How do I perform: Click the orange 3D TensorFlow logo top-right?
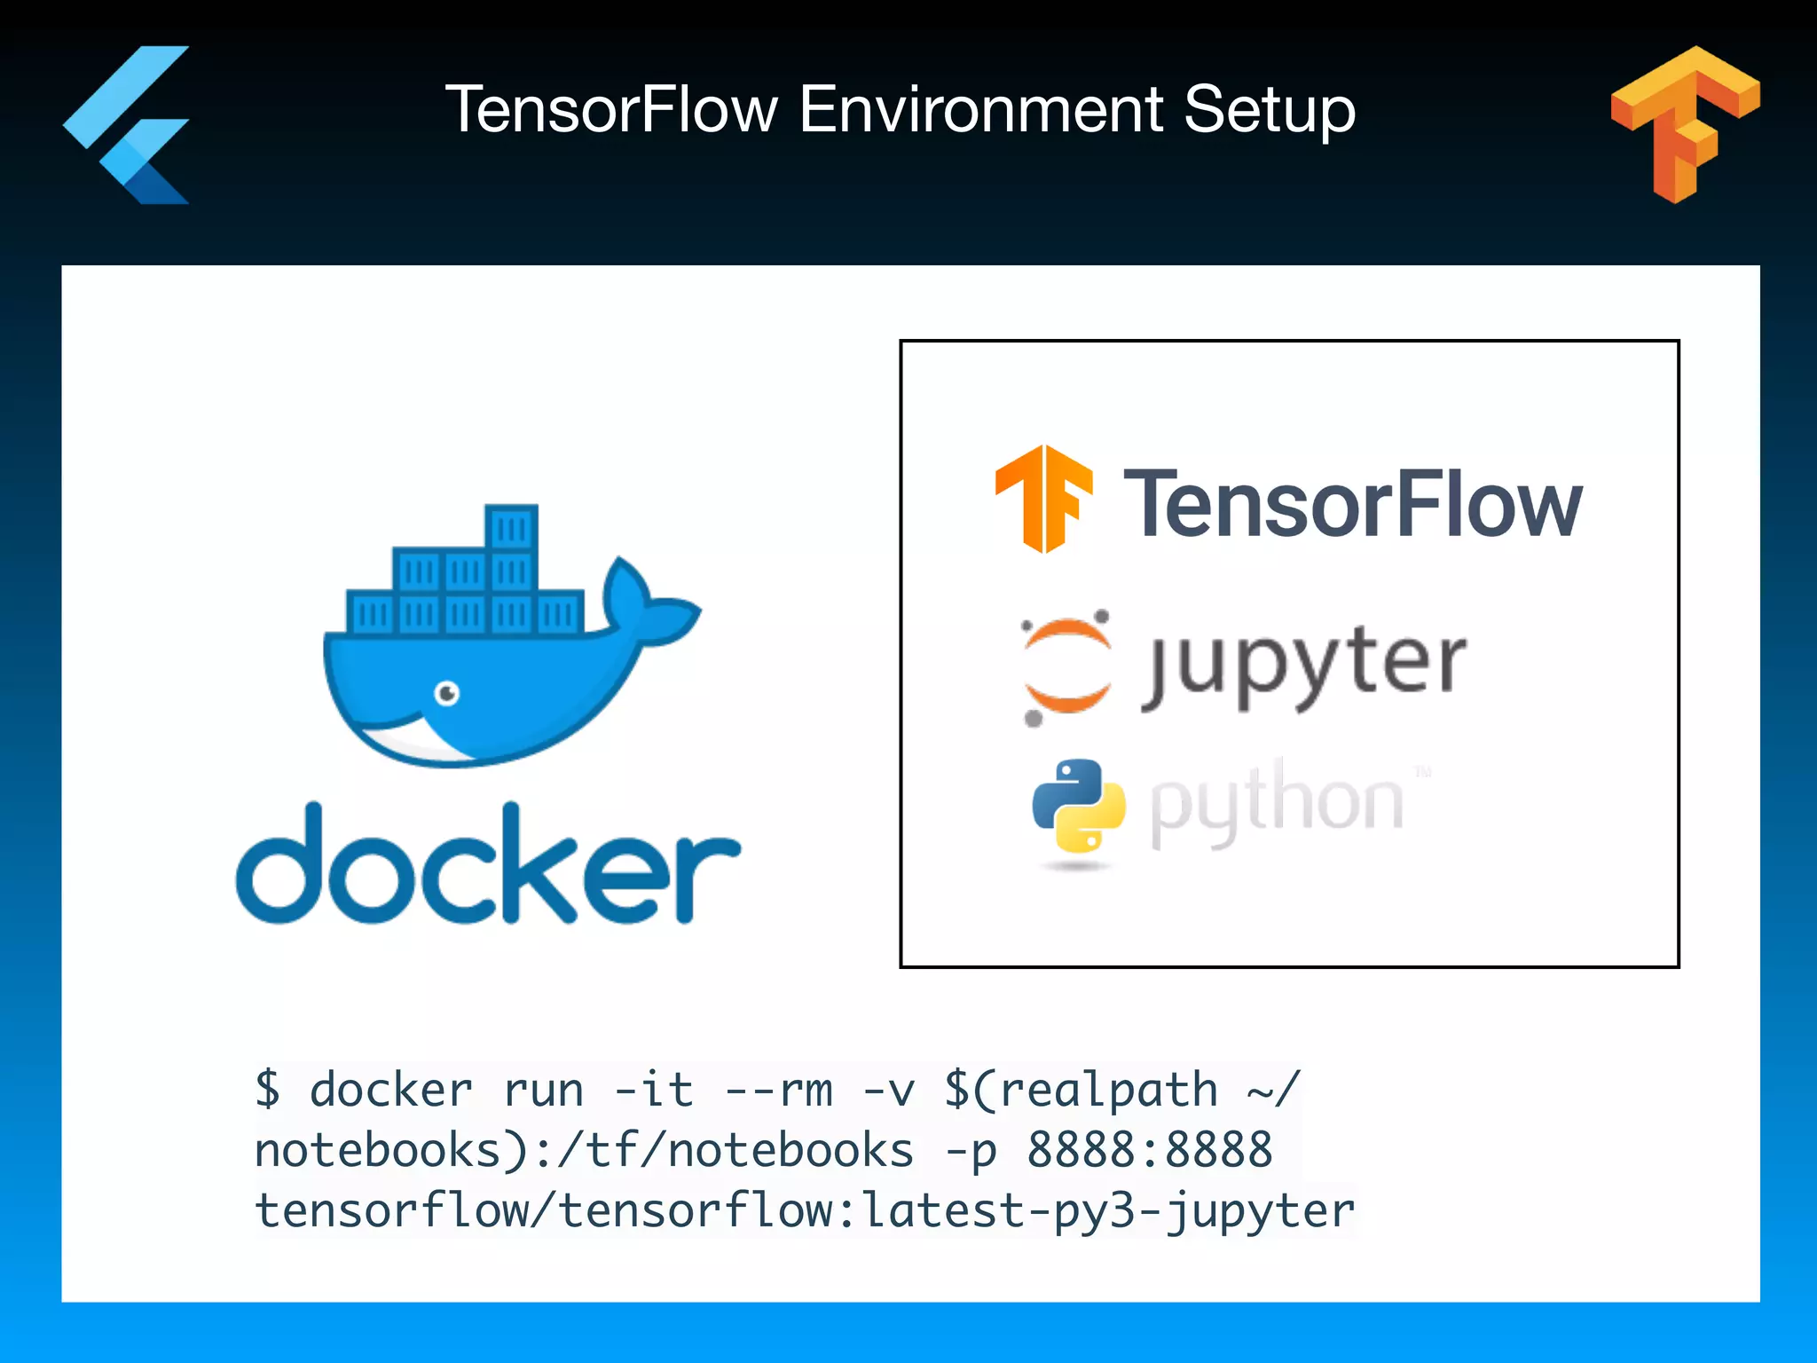(x=1683, y=122)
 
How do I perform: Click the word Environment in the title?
(x=979, y=110)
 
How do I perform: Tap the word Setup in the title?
(x=1269, y=110)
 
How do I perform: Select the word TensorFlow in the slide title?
(x=611, y=110)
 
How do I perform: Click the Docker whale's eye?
(x=447, y=692)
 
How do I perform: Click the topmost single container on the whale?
(x=511, y=529)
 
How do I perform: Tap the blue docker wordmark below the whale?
(x=487, y=865)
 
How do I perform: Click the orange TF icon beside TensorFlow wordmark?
(x=1043, y=498)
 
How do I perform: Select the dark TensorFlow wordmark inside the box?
(x=1352, y=504)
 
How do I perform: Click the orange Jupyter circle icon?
(x=1066, y=666)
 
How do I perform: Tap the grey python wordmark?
(x=1278, y=803)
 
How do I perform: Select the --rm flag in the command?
(x=778, y=1090)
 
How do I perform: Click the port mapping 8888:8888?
(x=1149, y=1150)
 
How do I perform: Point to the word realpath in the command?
(x=1108, y=1090)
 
